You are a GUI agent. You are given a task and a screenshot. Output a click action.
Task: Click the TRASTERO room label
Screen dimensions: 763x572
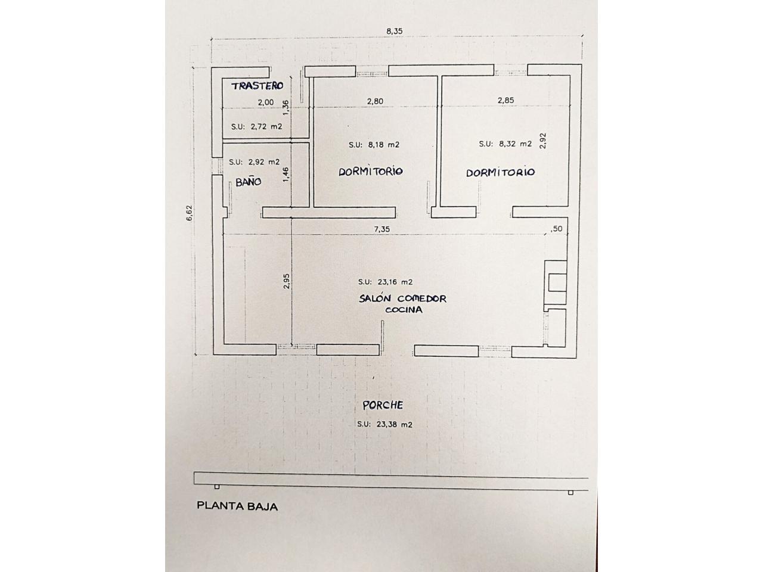coord(258,86)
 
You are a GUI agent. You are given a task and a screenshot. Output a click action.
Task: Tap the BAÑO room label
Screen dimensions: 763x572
coord(248,182)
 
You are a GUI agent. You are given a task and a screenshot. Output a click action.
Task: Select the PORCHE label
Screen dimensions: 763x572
coord(383,405)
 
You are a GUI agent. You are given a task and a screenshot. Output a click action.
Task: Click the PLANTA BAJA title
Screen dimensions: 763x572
coord(237,506)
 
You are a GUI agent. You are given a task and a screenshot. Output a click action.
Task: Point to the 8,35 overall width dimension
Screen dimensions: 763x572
coord(395,31)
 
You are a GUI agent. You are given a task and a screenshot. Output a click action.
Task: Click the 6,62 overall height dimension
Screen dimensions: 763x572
coord(190,213)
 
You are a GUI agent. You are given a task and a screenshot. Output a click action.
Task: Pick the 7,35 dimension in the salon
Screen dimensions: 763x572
coord(381,229)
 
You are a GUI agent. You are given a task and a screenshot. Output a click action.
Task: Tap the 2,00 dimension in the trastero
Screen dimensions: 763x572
coord(266,102)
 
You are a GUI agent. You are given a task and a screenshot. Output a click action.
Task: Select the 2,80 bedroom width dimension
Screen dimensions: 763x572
coord(375,101)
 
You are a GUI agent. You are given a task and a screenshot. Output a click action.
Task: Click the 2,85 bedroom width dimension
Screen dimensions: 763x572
coord(505,100)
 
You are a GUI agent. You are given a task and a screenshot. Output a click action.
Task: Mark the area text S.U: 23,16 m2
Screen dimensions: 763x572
coord(385,282)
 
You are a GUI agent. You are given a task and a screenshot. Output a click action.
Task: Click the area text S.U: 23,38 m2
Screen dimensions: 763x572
coord(384,424)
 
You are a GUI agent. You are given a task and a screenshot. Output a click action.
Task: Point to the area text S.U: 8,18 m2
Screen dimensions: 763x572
coord(374,145)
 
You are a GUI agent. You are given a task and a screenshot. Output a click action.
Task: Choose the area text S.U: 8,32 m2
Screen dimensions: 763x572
coord(505,144)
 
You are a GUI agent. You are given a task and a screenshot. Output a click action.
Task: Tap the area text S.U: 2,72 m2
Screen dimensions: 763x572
coord(256,127)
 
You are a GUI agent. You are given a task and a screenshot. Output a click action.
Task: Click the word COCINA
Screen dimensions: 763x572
coord(404,310)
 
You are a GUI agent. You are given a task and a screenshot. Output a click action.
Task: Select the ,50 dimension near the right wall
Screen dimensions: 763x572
coord(556,229)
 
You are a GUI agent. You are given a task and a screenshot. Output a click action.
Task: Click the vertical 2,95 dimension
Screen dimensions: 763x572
coord(287,281)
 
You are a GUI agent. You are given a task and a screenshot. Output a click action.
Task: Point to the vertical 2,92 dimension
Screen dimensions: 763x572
coord(542,141)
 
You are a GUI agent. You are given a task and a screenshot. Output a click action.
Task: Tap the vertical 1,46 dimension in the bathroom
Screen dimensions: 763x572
coord(286,175)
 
